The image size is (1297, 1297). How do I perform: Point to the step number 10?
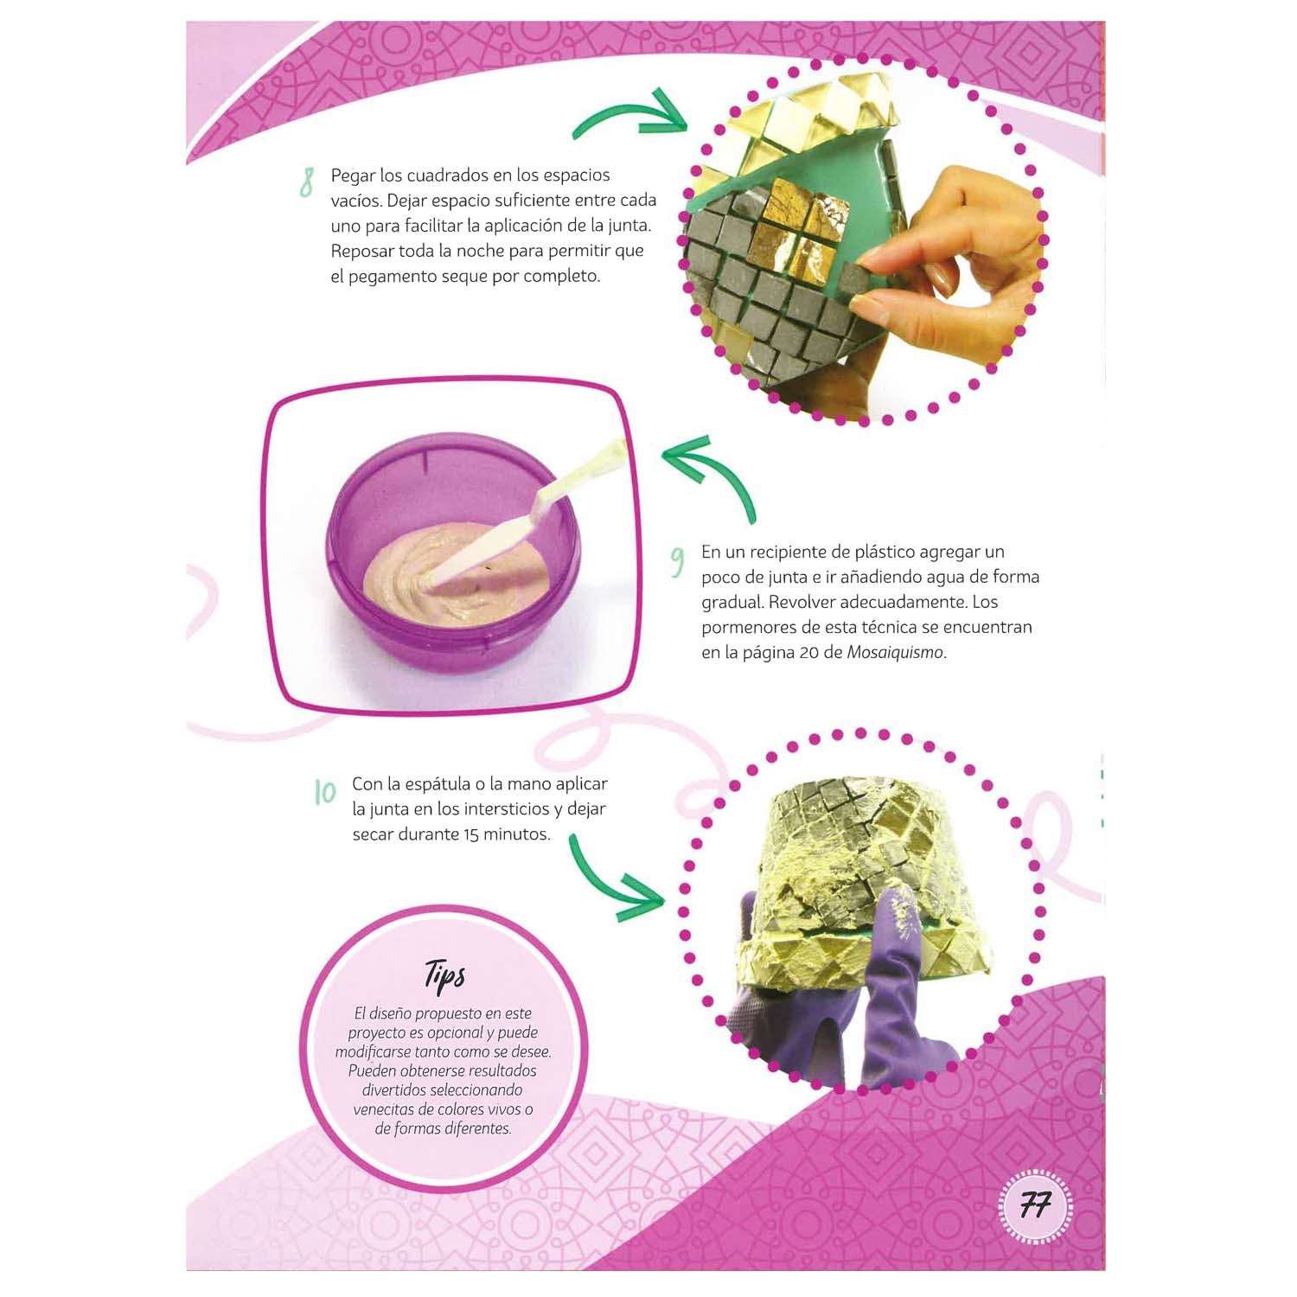325,792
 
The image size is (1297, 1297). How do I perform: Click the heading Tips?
444,974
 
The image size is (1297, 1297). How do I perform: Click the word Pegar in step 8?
353,176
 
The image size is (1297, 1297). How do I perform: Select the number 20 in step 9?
809,653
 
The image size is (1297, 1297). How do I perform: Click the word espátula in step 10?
437,784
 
